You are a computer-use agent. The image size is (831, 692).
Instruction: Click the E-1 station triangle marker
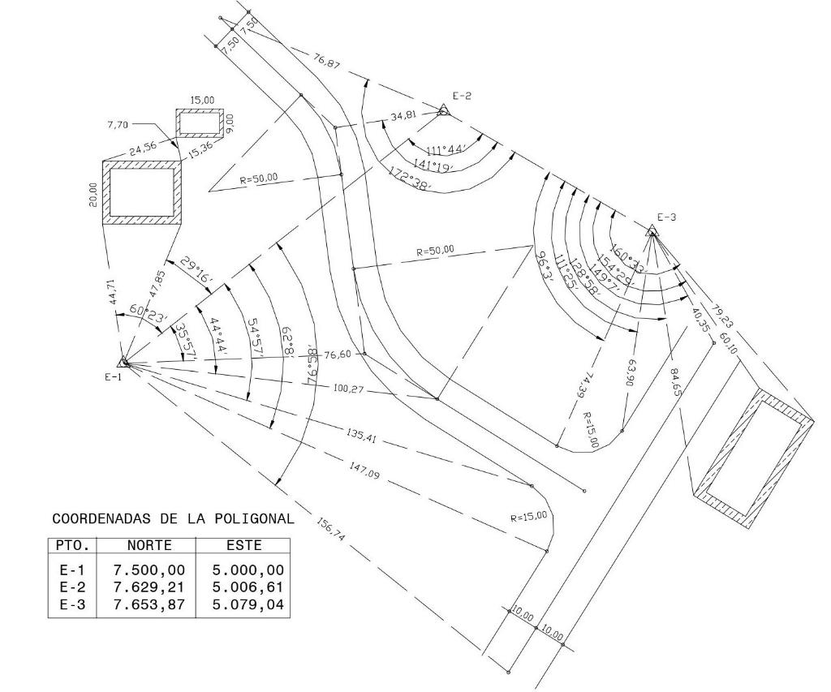pos(123,362)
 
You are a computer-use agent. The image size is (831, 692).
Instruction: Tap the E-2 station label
pos(462,96)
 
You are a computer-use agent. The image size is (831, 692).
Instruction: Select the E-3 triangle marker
pos(652,230)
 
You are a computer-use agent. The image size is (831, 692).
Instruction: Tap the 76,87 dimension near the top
pos(326,59)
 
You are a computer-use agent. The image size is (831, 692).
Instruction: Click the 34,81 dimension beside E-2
pos(403,117)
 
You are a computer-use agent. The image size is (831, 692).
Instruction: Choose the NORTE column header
pos(149,546)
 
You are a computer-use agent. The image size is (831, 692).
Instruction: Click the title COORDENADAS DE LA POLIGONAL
pos(172,518)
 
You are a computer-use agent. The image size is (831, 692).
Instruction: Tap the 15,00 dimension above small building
pos(202,100)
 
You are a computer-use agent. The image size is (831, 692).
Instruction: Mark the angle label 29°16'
pos(197,270)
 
